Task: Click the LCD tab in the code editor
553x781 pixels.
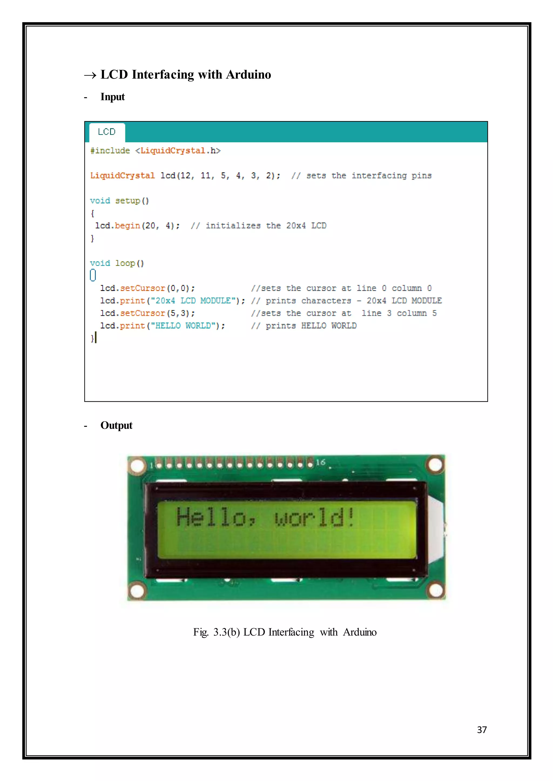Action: pyautogui.click(x=107, y=132)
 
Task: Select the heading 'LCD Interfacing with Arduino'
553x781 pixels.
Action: pyautogui.click(x=186, y=74)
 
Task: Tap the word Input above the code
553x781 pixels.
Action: pyautogui.click(x=112, y=97)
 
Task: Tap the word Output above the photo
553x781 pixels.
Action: pyautogui.click(x=116, y=425)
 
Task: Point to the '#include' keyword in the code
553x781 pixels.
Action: pyautogui.click(x=110, y=151)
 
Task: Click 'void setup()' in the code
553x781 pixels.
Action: pyautogui.click(x=119, y=201)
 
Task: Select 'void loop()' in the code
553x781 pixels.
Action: pyautogui.click(x=117, y=263)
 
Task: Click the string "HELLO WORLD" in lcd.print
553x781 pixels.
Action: pyautogui.click(x=183, y=326)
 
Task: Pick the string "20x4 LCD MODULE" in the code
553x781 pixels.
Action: pyautogui.click(x=193, y=301)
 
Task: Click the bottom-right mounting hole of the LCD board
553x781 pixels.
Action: pyautogui.click(x=436, y=591)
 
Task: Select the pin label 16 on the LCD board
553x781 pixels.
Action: pyautogui.click(x=321, y=462)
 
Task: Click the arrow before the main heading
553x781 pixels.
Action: pyautogui.click(x=90, y=75)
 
